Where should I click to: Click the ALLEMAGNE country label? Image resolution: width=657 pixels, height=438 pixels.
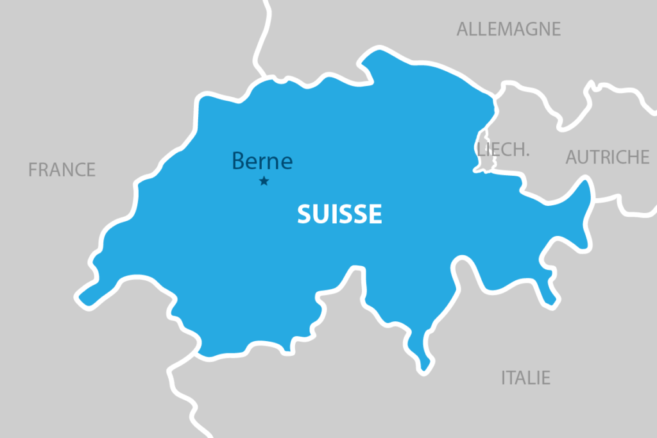click(x=508, y=29)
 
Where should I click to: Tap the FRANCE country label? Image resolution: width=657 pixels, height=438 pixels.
click(x=62, y=170)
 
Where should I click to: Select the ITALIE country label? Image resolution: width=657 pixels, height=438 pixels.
click(x=525, y=378)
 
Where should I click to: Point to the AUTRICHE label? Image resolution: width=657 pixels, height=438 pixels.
click(x=607, y=157)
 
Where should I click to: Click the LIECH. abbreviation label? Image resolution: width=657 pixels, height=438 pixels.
click(x=504, y=150)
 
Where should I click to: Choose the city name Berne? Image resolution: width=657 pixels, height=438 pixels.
click(x=262, y=161)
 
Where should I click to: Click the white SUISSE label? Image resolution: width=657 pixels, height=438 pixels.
click(x=339, y=214)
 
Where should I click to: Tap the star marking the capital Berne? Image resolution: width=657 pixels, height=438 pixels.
click(x=264, y=181)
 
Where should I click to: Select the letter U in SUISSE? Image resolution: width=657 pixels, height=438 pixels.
click(x=314, y=214)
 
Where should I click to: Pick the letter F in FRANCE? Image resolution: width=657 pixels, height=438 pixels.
click(x=33, y=170)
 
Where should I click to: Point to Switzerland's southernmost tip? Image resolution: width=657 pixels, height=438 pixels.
click(x=423, y=369)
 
